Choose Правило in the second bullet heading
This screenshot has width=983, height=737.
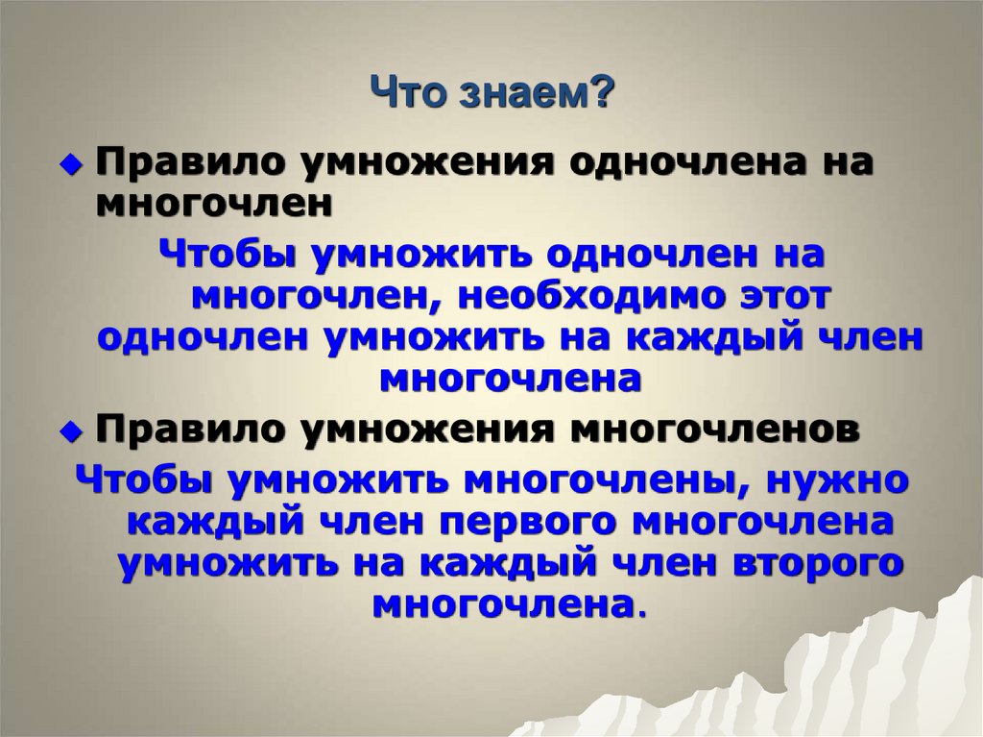[184, 429]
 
